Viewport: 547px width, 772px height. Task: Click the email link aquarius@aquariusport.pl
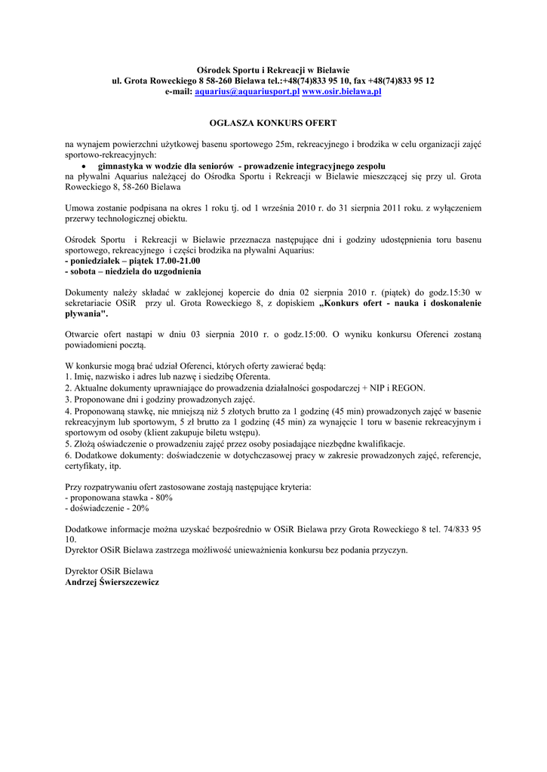pyautogui.click(x=247, y=91)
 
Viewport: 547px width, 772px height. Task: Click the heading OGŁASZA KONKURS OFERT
pyautogui.click(x=273, y=122)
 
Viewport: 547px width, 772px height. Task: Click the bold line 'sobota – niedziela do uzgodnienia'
pyautogui.click(x=134, y=271)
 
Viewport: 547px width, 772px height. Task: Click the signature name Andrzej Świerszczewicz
pyautogui.click(x=112, y=583)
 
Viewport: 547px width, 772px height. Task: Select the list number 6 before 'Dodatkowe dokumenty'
pyautogui.click(x=68, y=455)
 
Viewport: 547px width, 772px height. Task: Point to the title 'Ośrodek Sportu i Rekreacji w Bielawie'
pyautogui.click(x=273, y=69)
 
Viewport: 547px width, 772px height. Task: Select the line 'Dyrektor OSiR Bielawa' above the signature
pyautogui.click(x=109, y=571)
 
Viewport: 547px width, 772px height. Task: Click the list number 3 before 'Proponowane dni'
pyautogui.click(x=68, y=399)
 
